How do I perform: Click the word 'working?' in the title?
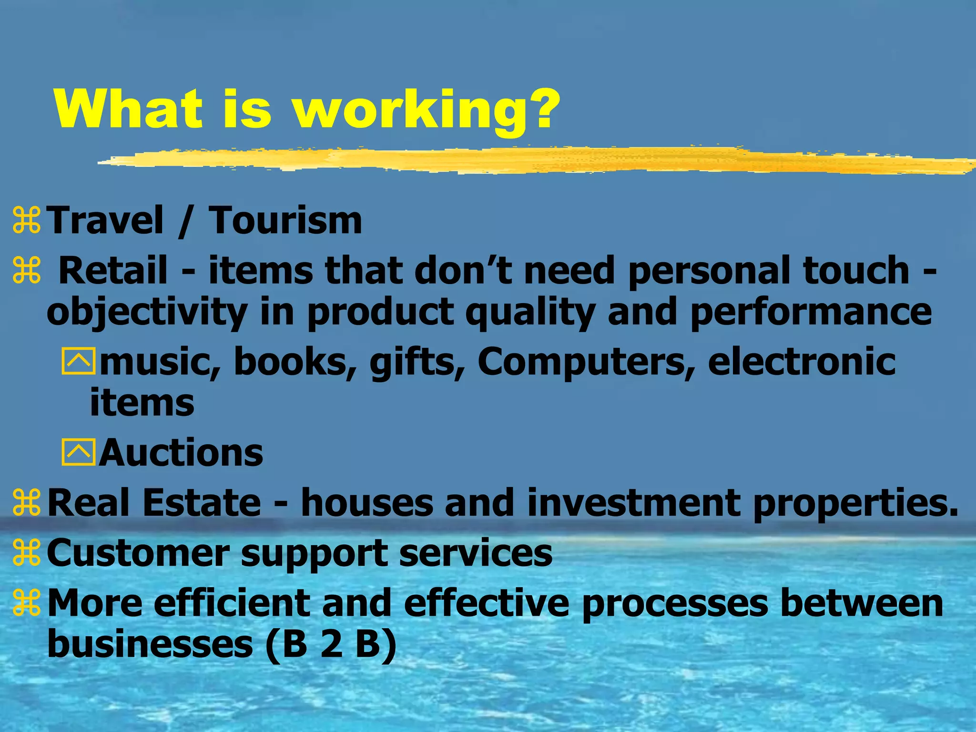(x=427, y=111)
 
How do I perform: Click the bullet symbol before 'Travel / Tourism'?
(x=27, y=220)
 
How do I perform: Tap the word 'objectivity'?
(x=147, y=312)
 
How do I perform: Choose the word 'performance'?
(x=810, y=312)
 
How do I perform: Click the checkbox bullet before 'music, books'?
(x=78, y=361)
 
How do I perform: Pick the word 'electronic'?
(x=802, y=361)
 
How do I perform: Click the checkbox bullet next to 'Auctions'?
(x=78, y=452)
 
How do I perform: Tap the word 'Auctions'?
(x=181, y=452)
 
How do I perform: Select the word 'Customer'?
(x=138, y=553)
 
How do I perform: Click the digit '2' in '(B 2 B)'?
(x=331, y=644)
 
